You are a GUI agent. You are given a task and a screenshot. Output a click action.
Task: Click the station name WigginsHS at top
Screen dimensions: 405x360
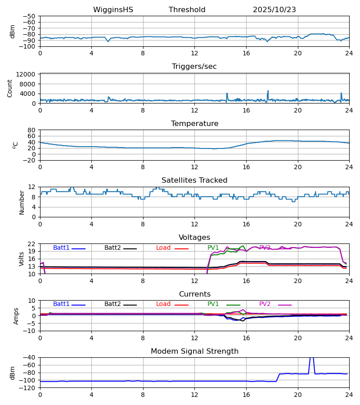[113, 10]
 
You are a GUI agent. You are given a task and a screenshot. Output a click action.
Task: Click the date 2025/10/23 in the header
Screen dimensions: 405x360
[274, 10]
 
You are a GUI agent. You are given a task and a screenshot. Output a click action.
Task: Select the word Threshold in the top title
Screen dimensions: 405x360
[187, 10]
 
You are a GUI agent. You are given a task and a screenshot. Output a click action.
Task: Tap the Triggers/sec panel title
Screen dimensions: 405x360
[194, 67]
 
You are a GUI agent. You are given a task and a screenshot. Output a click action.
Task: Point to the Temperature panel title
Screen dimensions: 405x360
[194, 124]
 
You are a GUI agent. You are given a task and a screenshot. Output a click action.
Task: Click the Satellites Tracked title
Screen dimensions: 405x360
[194, 180]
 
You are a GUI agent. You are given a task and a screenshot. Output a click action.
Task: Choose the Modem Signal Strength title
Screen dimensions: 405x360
[194, 351]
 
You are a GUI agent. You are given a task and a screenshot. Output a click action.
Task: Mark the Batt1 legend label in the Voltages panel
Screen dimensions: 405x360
[61, 248]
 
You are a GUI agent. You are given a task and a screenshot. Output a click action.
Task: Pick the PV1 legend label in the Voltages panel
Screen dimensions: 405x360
[213, 248]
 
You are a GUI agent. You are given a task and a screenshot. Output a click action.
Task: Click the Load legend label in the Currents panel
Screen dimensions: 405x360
[163, 304]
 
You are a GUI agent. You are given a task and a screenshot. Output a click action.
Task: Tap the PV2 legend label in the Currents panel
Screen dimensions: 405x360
[265, 304]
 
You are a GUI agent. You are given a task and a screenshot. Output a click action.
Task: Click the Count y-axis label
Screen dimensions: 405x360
[10, 88]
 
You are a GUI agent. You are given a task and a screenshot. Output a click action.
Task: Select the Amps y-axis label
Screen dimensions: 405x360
[16, 316]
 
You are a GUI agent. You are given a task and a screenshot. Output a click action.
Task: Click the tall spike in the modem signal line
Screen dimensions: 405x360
[311, 359]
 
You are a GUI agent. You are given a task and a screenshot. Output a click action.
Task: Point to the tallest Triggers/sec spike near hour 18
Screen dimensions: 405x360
[268, 91]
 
